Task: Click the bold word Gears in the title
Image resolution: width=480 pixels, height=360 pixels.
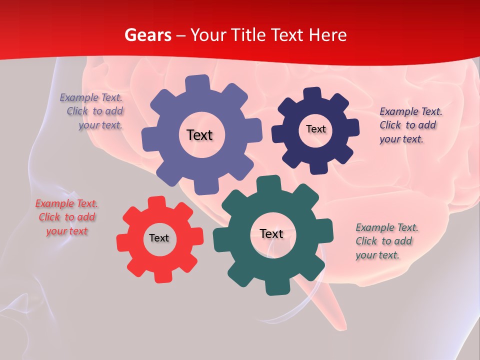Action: coord(147,35)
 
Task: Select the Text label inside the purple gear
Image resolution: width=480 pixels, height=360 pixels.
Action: coord(199,135)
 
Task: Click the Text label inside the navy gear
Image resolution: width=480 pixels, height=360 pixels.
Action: coord(315,129)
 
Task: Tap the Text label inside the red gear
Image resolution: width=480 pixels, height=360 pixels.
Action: coord(159,238)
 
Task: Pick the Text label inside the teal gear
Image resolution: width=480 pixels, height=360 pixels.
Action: coord(271,233)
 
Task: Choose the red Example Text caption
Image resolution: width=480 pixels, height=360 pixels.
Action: coord(67,217)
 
